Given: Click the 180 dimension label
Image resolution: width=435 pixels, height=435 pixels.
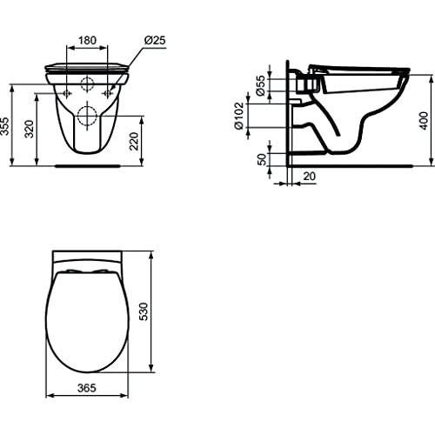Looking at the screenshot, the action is pos(87,40).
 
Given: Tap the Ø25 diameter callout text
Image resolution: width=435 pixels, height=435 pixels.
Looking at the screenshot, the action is pos(155,40).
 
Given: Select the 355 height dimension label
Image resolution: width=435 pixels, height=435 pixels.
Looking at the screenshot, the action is pos(4,126).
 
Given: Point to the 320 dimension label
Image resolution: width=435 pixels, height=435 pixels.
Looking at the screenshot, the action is pos(30,129).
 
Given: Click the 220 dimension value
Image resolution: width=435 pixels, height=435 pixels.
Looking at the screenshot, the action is pos(134,141).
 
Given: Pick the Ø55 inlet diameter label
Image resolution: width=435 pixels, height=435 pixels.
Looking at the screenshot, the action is pos(261,85).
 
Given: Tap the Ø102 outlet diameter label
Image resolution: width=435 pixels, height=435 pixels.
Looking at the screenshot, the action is pos(239,116).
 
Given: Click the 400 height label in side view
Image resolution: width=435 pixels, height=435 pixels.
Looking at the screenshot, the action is pos(424,121).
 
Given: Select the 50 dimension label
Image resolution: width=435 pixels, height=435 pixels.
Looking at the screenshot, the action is pos(262,159).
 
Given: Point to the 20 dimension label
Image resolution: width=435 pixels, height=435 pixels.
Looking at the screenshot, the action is pos(309,176).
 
